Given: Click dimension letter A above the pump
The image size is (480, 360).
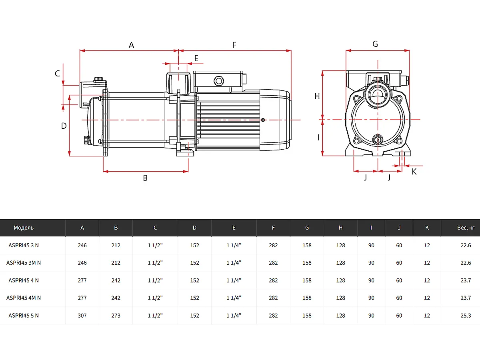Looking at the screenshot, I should pyautogui.click(x=131, y=45).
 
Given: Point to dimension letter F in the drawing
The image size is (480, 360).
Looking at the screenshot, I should pyautogui.click(x=234, y=45).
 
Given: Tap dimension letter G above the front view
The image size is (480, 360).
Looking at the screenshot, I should pyautogui.click(x=375, y=44).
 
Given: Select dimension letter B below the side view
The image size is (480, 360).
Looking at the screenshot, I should pyautogui.click(x=145, y=178).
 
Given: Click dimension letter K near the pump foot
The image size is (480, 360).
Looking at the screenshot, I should pyautogui.click(x=414, y=172).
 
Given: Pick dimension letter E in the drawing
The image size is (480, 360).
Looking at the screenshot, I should pyautogui.click(x=196, y=58).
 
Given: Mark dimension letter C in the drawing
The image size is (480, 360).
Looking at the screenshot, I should pyautogui.click(x=57, y=74).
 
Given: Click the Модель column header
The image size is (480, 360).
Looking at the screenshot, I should pyautogui.click(x=24, y=228).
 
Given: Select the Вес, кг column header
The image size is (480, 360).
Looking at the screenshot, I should pyautogui.click(x=466, y=228).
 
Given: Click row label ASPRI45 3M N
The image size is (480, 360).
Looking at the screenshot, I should pyautogui.click(x=24, y=263).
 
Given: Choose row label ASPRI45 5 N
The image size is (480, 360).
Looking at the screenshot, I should pyautogui.click(x=24, y=316).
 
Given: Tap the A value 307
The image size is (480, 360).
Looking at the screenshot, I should pyautogui.click(x=82, y=316).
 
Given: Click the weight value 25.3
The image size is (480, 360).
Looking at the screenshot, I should pyautogui.click(x=466, y=316).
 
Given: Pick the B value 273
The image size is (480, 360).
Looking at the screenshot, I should pyautogui.click(x=116, y=316).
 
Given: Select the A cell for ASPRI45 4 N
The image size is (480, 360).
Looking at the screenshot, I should pyautogui.click(x=82, y=280).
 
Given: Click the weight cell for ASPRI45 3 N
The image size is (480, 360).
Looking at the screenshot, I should pyautogui.click(x=466, y=245).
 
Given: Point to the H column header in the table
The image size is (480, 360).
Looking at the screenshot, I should pyautogui.click(x=340, y=228).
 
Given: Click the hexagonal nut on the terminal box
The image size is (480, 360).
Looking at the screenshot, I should pyautogui.click(x=218, y=81).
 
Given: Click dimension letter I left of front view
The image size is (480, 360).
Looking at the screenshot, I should pyautogui.click(x=318, y=138).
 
